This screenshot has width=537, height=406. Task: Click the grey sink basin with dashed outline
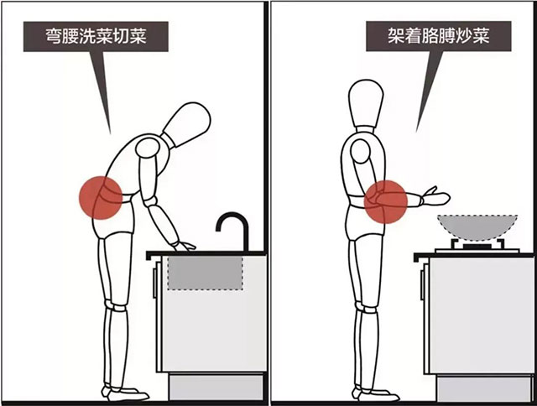tap(206, 273)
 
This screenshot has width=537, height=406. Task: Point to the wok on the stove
tap(477, 226)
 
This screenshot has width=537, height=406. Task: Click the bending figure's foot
tap(126, 393)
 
